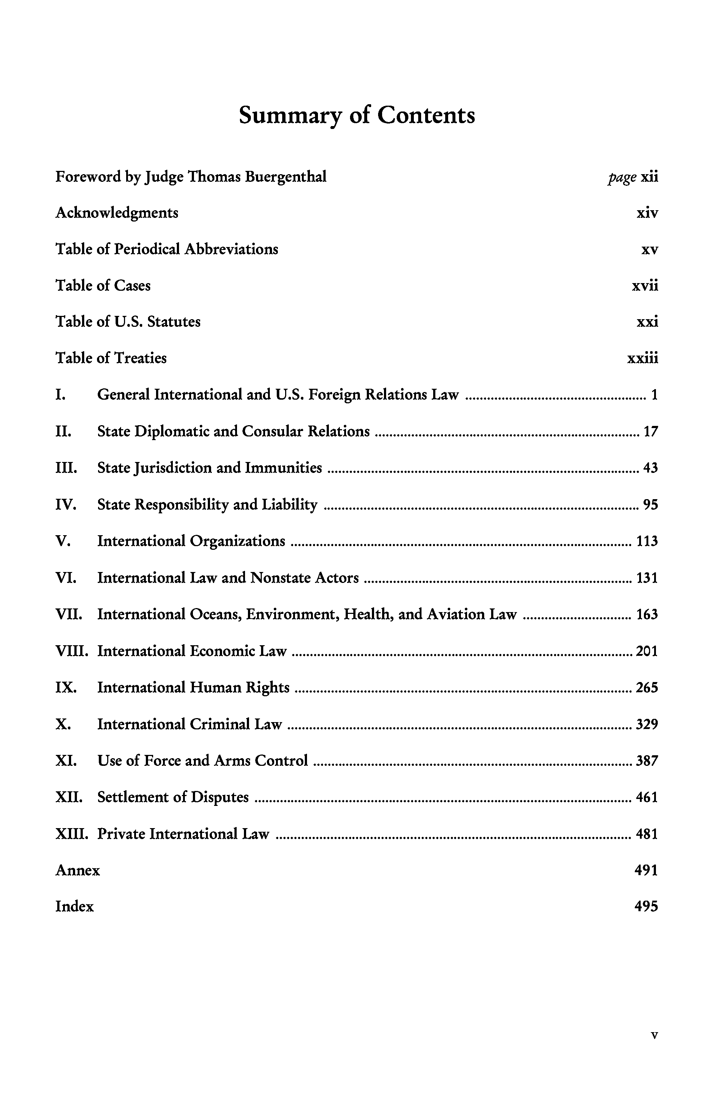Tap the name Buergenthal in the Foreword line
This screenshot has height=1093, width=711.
285,176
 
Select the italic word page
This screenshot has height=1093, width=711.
622,177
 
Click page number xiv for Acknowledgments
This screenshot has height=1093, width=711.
647,213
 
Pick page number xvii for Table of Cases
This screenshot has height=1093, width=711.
645,286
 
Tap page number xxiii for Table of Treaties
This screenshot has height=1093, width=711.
642,358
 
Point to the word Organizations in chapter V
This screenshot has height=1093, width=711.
237,541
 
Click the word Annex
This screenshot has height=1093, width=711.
78,870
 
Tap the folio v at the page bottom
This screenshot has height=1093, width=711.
654,1035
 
